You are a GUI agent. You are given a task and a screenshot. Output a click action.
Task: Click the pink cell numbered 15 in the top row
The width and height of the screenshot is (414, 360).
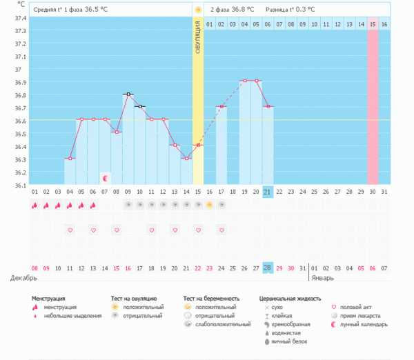373,24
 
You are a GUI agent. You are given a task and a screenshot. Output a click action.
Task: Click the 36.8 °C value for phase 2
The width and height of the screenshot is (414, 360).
241,10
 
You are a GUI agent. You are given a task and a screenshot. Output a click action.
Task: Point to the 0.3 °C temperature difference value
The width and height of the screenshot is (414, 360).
302,10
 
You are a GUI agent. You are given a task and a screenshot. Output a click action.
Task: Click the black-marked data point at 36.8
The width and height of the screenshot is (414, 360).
128,94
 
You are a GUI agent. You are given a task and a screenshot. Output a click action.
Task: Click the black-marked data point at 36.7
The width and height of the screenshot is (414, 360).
139,107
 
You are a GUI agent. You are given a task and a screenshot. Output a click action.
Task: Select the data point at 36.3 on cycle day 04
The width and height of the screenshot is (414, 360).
69,159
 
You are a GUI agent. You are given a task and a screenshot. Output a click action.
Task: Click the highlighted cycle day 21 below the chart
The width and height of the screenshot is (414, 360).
268,192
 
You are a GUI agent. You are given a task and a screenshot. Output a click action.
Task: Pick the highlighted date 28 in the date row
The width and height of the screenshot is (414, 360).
268,268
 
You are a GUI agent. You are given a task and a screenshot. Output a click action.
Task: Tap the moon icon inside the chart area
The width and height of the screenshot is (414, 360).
105,177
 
